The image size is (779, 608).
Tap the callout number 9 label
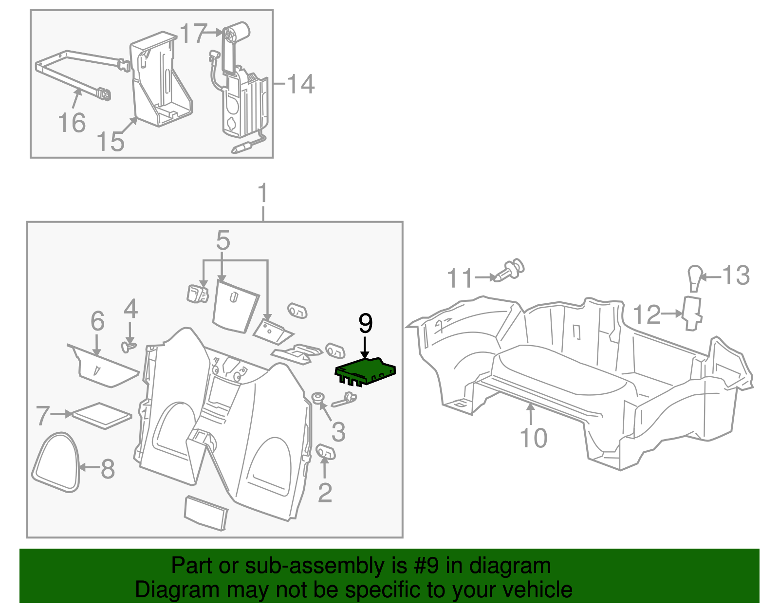(365, 324)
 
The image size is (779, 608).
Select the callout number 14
(300, 84)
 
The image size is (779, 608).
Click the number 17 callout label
(193, 34)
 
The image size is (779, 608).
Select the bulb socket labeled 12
(692, 313)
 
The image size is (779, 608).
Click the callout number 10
(534, 438)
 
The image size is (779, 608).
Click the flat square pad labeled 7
(102, 415)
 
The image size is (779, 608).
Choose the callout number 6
(98, 321)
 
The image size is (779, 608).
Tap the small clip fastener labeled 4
(128, 347)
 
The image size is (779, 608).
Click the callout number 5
(223, 240)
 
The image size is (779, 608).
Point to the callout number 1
(263, 193)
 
